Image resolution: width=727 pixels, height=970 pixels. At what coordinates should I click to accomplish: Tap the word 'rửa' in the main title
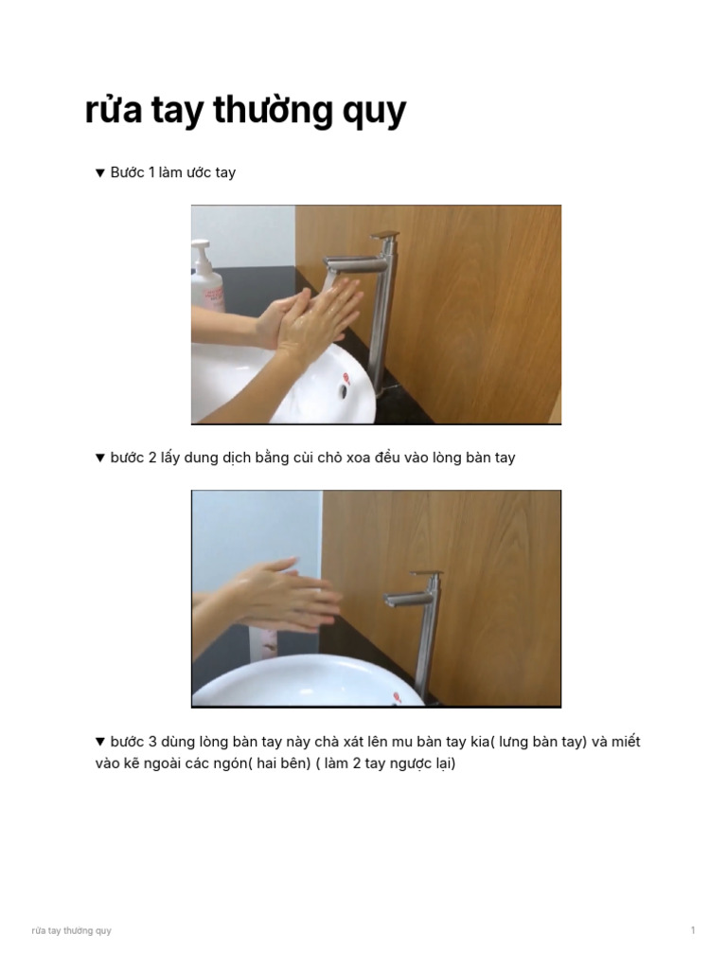click(113, 112)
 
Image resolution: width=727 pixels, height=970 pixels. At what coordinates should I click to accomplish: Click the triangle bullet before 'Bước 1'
click(99, 173)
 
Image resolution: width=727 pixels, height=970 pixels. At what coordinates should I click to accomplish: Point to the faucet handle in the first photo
click(384, 234)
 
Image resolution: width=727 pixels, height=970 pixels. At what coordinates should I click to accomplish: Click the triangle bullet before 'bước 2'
click(99, 458)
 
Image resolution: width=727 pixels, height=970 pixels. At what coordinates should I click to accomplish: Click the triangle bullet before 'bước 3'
click(99, 742)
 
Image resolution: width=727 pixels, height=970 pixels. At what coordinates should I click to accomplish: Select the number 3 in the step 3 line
click(152, 741)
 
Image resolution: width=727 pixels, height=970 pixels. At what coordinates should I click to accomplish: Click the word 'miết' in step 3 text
click(626, 741)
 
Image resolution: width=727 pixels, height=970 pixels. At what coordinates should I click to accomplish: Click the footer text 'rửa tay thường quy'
click(71, 930)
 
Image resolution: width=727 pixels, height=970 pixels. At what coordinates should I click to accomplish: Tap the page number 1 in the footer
click(693, 930)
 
